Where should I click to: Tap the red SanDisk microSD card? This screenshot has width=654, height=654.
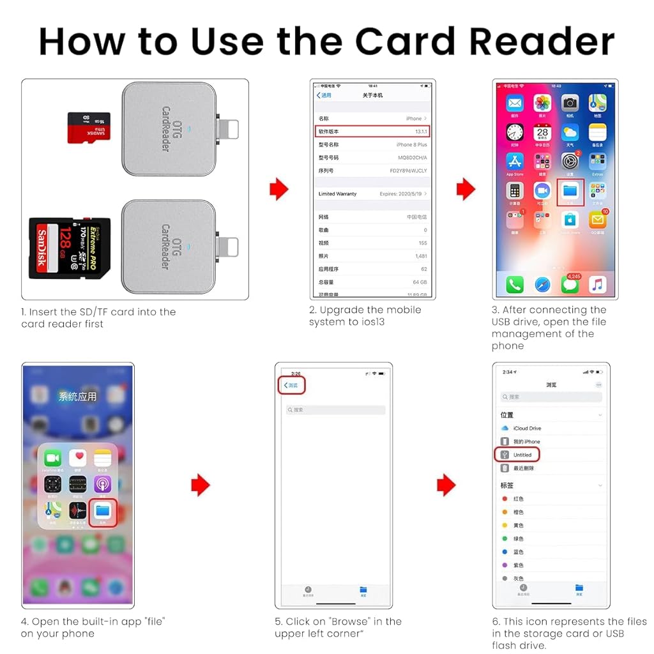(89, 128)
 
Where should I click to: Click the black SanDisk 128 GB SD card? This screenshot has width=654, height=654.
(70, 248)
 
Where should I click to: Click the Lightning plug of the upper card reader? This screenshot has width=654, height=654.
(229, 128)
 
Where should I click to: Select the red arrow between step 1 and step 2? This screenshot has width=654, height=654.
(278, 189)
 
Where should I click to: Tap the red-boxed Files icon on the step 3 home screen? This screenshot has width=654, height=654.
(570, 192)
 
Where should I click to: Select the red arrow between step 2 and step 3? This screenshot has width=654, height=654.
(466, 189)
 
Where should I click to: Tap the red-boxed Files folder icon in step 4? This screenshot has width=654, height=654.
(102, 512)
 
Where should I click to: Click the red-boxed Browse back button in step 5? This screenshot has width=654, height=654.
(293, 385)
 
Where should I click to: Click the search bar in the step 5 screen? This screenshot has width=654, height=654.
(335, 409)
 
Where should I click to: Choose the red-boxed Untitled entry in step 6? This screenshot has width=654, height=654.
(518, 455)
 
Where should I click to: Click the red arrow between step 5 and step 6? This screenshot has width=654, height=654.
(446, 485)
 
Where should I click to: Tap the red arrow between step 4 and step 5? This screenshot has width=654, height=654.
(200, 485)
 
